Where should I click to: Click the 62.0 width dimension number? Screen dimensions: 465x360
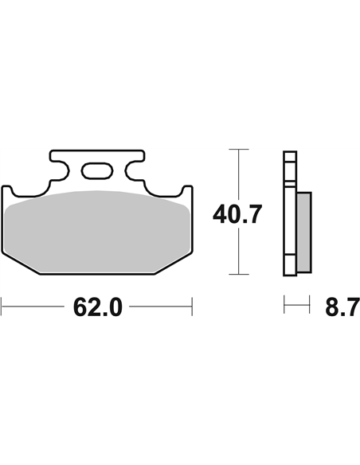click(97, 307)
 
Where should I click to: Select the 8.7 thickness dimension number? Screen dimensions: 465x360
click(342, 307)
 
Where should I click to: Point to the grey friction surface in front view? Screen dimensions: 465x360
click(96, 231)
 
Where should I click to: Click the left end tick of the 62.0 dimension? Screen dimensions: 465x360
click(2, 305)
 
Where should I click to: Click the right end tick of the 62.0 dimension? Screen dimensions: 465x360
click(192, 305)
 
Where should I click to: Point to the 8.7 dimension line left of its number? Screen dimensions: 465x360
click(297, 305)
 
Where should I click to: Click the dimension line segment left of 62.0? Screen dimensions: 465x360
click(36, 305)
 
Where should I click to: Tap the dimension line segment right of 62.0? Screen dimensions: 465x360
click(159, 305)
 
